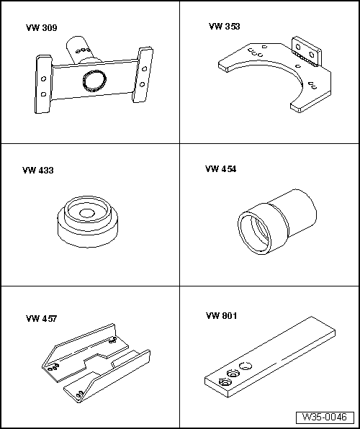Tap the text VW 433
[x=38, y=171]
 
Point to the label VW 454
[x=220, y=169]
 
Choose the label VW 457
[x=41, y=317]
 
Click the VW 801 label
[x=221, y=316]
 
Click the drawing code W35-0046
[x=325, y=417]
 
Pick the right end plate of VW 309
[x=145, y=76]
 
